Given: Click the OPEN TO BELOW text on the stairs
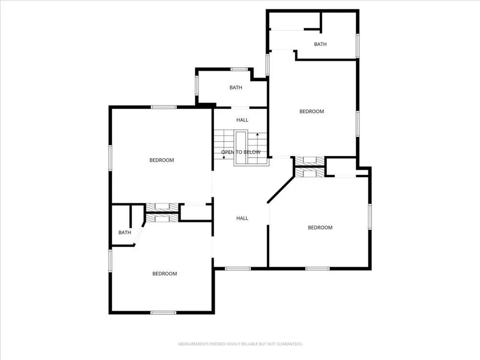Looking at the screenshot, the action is click(240, 152).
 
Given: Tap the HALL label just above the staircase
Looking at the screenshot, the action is click(242, 120).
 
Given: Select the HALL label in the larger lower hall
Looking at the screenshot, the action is click(242, 218).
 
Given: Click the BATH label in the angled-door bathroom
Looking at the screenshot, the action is click(125, 233).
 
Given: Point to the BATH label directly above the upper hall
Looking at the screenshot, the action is click(236, 87).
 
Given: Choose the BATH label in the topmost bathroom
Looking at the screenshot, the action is click(320, 44).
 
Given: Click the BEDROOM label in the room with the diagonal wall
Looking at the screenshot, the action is click(320, 228).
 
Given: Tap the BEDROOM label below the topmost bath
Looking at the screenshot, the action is click(312, 111).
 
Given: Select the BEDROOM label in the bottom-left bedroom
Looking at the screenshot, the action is click(165, 274).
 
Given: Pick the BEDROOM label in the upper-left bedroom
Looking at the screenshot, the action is click(162, 160).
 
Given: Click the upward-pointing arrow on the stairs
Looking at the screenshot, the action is click(257, 144).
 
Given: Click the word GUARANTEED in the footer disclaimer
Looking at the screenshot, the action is click(289, 344).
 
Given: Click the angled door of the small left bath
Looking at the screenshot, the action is click(139, 234).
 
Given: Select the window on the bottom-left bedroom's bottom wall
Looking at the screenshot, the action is click(164, 312).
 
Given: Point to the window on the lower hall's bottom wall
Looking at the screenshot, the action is click(238, 269).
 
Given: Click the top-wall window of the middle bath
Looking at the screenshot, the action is click(239, 69).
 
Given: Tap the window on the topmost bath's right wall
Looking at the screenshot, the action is click(357, 46).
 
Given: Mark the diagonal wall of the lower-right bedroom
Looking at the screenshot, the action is click(281, 189).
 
